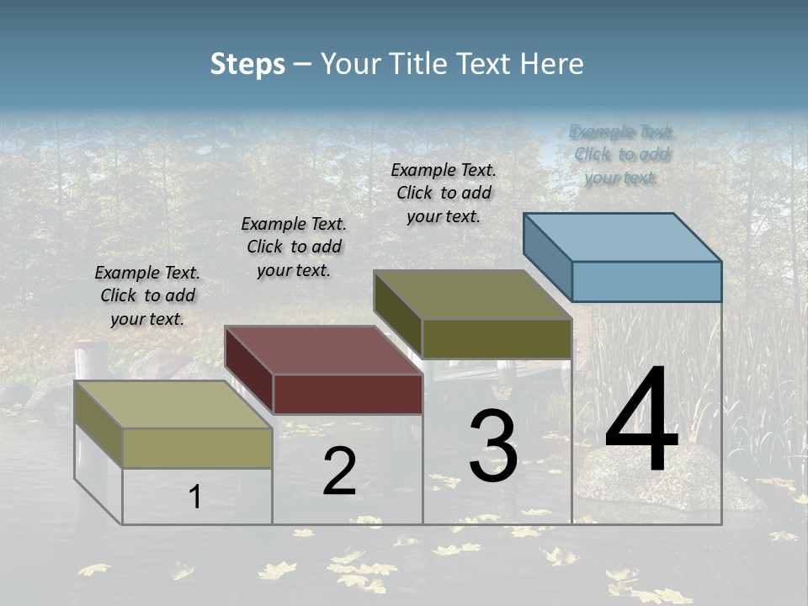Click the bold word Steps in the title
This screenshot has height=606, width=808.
pos(247,64)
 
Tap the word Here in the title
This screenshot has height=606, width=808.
pos(552,64)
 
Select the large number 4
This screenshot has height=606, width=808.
pos(641,421)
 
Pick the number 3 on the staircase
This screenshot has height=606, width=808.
pos(493,446)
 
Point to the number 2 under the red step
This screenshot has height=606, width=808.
pos(339,471)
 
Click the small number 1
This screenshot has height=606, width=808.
pos(195,497)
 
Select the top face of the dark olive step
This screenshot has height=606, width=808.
pos(473,295)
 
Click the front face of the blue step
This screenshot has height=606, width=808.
pos(646,281)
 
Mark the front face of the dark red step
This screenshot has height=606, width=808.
pos(348,394)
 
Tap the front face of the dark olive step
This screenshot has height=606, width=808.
pos(497,338)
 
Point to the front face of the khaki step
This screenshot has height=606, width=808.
pos(197,448)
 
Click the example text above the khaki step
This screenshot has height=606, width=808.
pos(147,295)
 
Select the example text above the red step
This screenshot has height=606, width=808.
pos(294,247)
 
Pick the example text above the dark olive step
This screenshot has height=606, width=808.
pos(444,193)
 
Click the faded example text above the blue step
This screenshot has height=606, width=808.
pos(622,154)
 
